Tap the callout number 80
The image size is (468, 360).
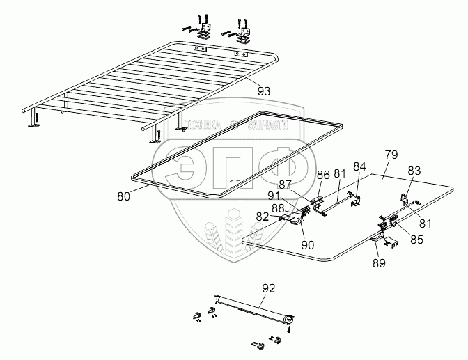pos(123,196)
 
